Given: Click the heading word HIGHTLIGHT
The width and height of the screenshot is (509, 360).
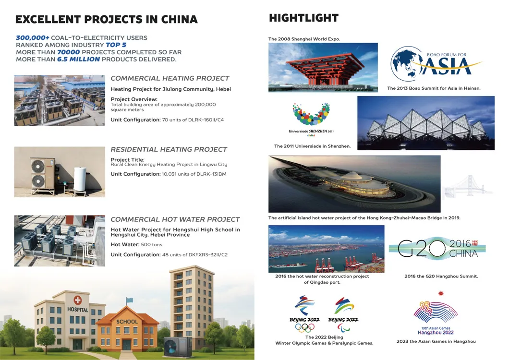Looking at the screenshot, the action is click(x=303, y=18).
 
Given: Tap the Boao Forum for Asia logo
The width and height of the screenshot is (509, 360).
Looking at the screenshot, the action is click(x=435, y=64).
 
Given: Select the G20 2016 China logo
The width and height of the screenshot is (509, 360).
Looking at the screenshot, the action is click(x=437, y=248).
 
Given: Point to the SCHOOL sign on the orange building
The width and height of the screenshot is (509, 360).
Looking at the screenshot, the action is click(x=127, y=322).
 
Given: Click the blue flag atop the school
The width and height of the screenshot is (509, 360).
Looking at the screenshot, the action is click(x=130, y=300).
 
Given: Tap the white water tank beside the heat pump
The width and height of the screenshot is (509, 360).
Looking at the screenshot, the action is click(x=80, y=179).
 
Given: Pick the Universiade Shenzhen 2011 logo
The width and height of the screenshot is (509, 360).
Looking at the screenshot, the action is click(x=311, y=119).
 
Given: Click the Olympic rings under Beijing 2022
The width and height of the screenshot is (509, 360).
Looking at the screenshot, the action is click(x=304, y=328).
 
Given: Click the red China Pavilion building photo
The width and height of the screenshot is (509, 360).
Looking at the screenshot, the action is click(x=323, y=67).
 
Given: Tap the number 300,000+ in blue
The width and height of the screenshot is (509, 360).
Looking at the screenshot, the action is click(x=33, y=37).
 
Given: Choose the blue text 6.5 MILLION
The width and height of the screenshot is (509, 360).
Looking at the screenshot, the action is click(x=78, y=59).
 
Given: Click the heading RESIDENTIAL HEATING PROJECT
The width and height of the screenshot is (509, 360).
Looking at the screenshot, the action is click(x=169, y=149).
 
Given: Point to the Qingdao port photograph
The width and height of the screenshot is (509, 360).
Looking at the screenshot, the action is click(x=326, y=249).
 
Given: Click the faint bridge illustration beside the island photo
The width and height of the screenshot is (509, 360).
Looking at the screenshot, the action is click(x=467, y=186).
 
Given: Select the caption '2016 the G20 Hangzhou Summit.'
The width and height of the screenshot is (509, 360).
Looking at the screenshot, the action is click(x=441, y=276).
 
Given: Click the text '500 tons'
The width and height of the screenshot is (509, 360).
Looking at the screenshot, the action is click(x=151, y=244).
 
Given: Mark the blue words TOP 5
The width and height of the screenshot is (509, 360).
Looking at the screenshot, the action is click(x=116, y=45).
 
